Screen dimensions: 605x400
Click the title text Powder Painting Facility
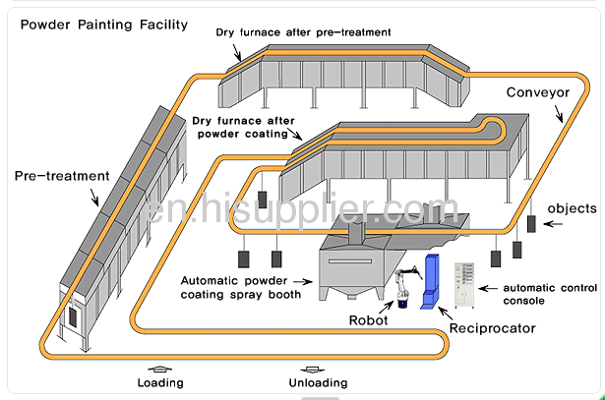(x=104, y=25)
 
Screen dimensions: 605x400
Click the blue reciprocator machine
(x=431, y=282)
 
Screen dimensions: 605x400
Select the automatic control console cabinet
(x=464, y=285)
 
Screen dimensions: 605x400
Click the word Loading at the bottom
(x=160, y=382)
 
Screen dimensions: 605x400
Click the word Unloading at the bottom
(x=319, y=382)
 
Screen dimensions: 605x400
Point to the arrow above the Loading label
(x=160, y=370)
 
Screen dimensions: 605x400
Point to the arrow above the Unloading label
(x=313, y=370)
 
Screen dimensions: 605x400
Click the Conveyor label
(x=538, y=92)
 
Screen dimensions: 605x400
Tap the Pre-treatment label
(x=62, y=176)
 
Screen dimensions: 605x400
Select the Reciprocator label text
(x=492, y=328)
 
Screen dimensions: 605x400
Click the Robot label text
(x=368, y=320)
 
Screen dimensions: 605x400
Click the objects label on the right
(x=572, y=208)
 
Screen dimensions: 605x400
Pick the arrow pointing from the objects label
(x=553, y=223)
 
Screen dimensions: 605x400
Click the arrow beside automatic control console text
(x=488, y=288)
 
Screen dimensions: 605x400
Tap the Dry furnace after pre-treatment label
(x=303, y=32)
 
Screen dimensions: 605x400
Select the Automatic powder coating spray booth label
(x=241, y=288)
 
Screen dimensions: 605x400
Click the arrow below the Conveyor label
(x=559, y=114)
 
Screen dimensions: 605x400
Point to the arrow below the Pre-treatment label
(x=94, y=198)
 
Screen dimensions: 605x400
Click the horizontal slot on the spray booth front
(x=350, y=260)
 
